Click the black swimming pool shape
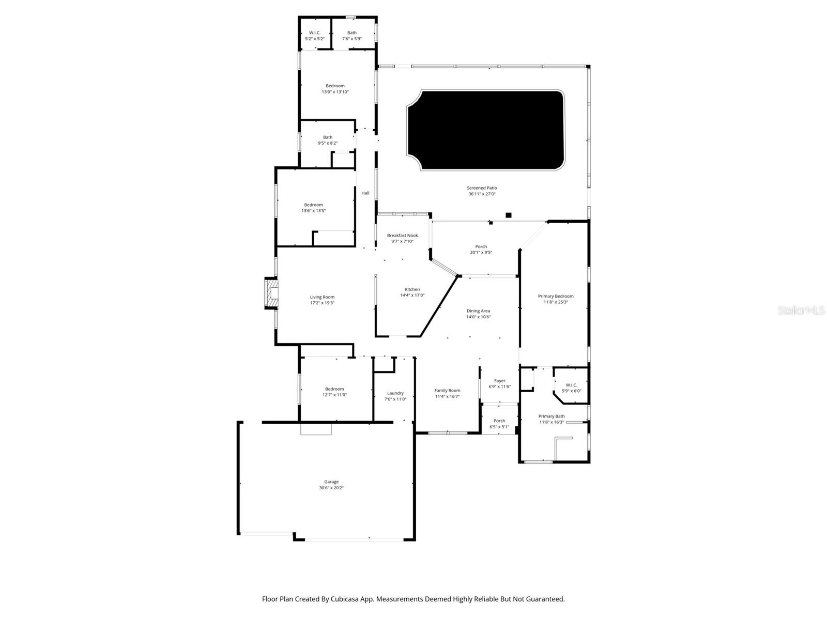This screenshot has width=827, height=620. click(486, 130)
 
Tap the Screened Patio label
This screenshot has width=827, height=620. click(482, 188)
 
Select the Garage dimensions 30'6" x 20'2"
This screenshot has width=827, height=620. click(331, 488)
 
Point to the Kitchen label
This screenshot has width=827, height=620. click(412, 289)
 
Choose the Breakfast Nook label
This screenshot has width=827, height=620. click(402, 235)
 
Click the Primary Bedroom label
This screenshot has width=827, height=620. click(556, 296)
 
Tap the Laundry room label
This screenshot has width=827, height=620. click(395, 393)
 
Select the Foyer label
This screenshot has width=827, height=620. click(499, 381)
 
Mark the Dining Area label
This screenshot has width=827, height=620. click(478, 311)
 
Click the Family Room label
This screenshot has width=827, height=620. click(447, 391)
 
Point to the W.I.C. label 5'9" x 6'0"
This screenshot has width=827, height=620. click(571, 385)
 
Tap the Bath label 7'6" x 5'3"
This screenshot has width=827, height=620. click(351, 33)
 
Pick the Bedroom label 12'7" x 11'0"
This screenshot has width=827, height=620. click(334, 389)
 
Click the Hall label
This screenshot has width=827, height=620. click(365, 193)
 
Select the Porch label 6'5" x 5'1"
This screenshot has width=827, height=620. click(499, 421)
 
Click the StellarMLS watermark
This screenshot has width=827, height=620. click(801, 310)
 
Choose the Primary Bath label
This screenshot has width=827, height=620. click(552, 416)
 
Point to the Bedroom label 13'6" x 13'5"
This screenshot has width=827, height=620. click(313, 205)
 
